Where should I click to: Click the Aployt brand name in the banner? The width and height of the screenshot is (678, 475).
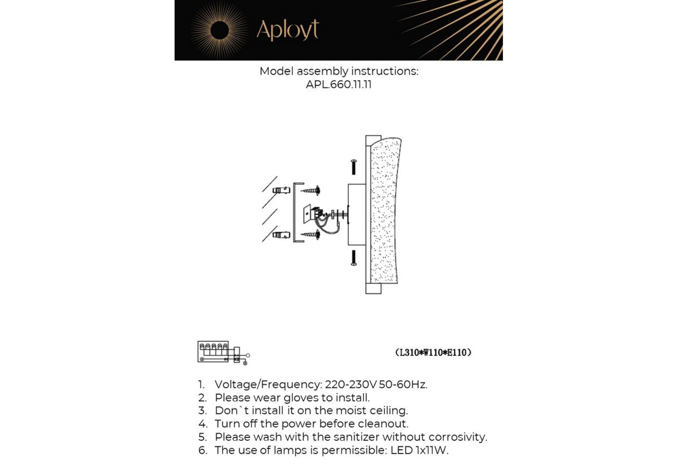click(287, 30)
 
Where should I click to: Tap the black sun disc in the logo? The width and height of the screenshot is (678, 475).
click(219, 30)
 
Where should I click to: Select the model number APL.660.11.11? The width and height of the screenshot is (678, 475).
click(338, 85)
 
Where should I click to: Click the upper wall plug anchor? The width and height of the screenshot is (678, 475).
click(281, 190)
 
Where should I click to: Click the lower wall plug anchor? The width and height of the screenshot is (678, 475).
click(281, 235)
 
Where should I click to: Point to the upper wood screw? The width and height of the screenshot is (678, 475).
click(311, 191)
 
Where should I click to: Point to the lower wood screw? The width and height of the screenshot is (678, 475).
click(311, 235)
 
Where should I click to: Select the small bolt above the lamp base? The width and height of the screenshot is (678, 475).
click(354, 167)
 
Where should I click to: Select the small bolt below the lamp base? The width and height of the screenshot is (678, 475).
click(354, 258)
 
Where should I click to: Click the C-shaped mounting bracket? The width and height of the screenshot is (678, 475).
click(295, 212)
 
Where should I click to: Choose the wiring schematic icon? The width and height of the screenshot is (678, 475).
click(223, 353)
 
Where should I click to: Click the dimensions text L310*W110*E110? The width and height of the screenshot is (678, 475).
click(433, 353)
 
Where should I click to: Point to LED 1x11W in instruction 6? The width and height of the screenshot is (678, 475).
click(419, 451)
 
